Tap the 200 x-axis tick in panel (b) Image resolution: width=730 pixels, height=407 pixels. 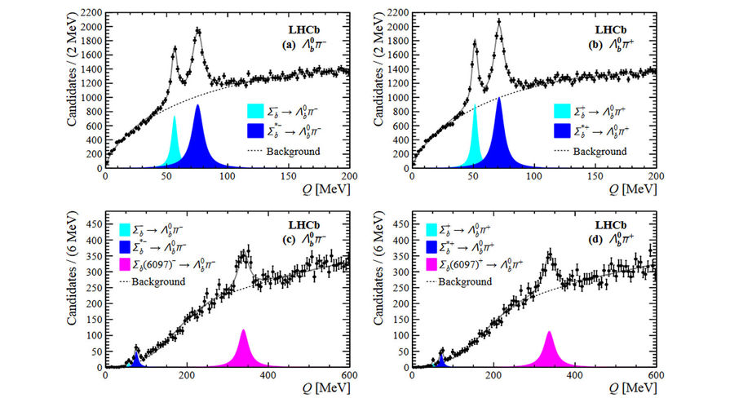click(656, 176)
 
